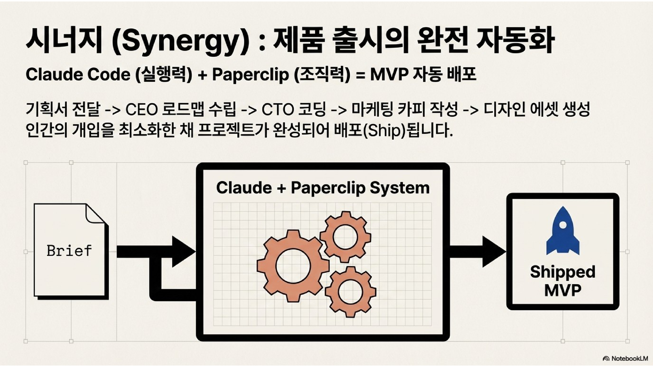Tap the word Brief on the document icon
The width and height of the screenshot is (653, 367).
click(69, 251)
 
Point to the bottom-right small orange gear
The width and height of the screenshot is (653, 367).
click(350, 291)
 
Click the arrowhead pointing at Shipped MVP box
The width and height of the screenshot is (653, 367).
click(493, 252)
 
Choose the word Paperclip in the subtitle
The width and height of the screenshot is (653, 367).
click(250, 75)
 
